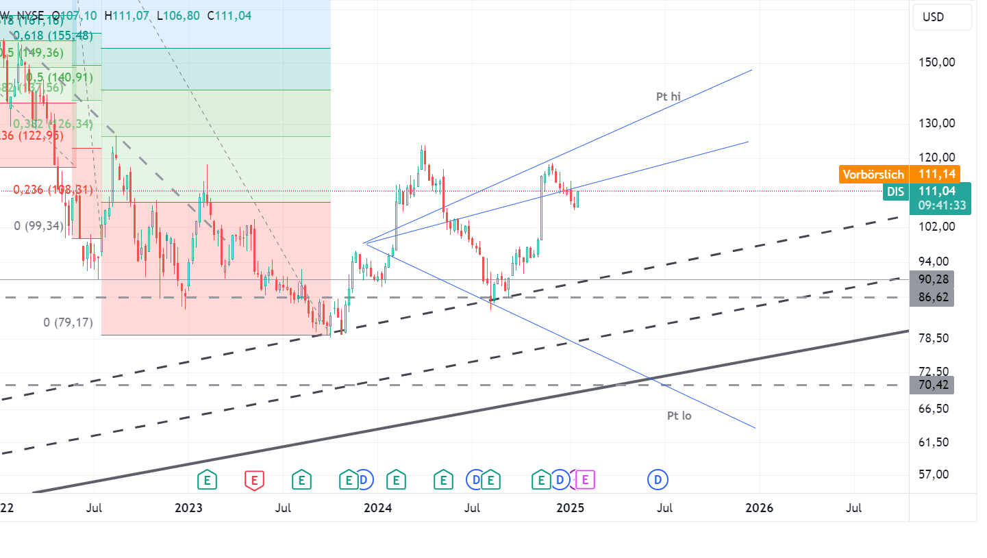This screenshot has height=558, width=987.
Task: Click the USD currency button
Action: pos(942,17)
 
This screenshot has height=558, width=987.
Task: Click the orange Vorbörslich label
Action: pos(873,175)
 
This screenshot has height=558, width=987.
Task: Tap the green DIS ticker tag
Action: pos(895,192)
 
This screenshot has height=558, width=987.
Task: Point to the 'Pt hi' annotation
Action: pos(669,97)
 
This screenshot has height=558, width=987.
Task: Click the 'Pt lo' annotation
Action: pos(679,416)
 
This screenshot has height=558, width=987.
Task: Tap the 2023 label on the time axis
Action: pos(189,508)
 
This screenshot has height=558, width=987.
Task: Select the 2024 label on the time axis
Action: pos(377,508)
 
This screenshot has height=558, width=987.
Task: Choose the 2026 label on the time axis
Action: pos(759,508)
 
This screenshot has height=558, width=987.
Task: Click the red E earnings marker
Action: pos(254,480)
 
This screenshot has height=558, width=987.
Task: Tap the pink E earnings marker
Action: pos(585,480)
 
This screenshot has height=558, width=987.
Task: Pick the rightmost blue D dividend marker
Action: pos(658,480)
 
